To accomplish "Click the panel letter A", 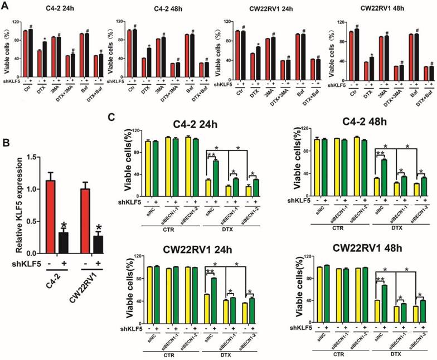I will coord(6,8).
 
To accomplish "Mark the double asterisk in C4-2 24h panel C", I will coord(212,154).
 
